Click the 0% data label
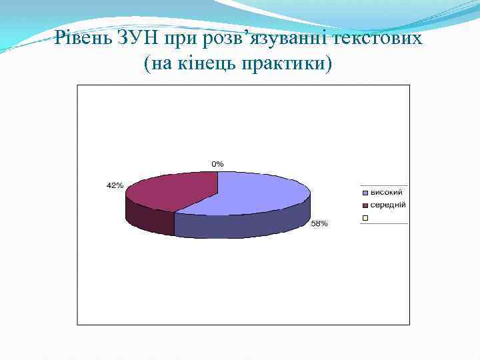218,163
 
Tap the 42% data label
115,185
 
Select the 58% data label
319,224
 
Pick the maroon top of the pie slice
173,190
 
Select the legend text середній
389,205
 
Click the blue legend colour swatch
365,193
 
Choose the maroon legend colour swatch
365,205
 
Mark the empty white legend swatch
365,217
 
